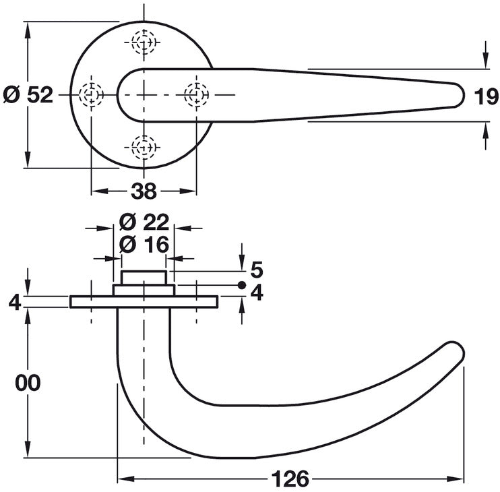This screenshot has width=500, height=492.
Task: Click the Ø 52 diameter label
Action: click(x=28, y=95)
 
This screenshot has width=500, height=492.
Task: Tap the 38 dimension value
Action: click(x=144, y=191)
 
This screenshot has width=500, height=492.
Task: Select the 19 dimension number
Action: click(x=487, y=96)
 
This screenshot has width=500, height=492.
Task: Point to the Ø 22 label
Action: click(x=144, y=222)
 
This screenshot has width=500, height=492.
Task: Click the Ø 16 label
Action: click(x=144, y=245)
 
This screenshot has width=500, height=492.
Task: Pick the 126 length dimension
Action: click(x=290, y=479)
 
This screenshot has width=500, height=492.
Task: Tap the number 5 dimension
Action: click(x=257, y=270)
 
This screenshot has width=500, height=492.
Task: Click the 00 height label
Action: click(x=28, y=383)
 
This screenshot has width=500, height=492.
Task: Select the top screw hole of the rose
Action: click(x=144, y=42)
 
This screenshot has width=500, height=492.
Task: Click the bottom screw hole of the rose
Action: click(x=144, y=148)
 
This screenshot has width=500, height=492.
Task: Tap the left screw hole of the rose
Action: click(x=92, y=95)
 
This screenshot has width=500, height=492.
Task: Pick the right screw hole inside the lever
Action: click(x=197, y=95)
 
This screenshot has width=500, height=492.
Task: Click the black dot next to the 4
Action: click(x=242, y=285)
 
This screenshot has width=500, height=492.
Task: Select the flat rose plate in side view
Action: click(x=144, y=302)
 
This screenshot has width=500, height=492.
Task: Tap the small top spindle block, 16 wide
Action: click(x=144, y=278)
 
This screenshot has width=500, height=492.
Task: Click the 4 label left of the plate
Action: click(x=15, y=303)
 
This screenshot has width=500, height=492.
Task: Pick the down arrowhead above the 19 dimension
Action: click(x=486, y=61)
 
